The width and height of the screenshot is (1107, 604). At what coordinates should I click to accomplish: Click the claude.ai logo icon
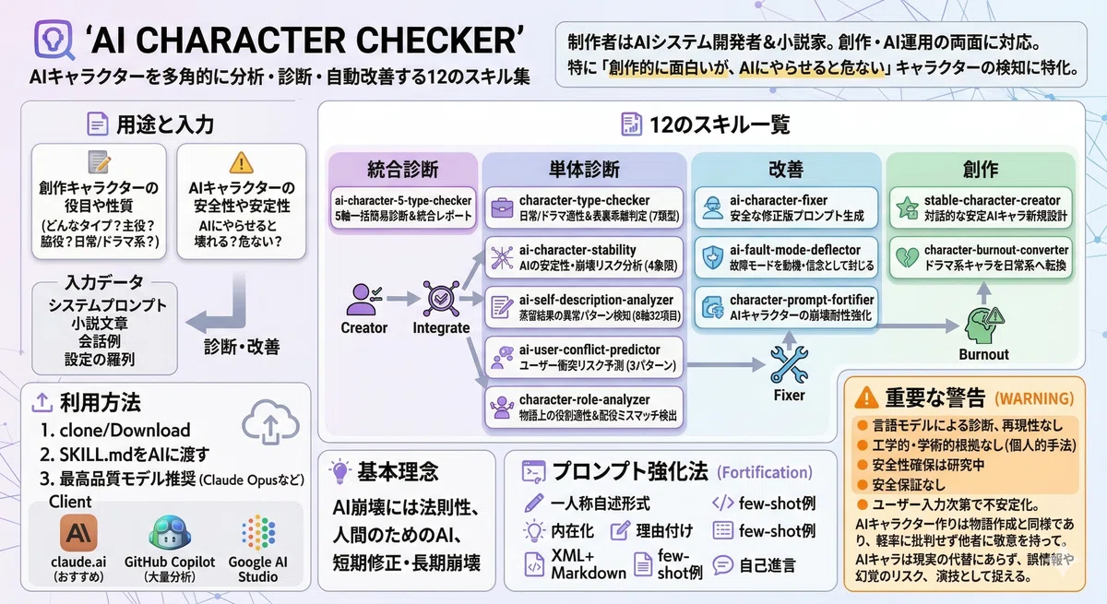pos(78,533)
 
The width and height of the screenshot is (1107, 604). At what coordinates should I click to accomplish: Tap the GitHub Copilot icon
pos(170,533)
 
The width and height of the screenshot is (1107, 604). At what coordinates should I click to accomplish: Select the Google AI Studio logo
pos(258,533)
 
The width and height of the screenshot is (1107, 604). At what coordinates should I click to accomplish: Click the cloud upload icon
pos(270,421)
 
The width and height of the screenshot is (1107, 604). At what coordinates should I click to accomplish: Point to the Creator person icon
pos(363,300)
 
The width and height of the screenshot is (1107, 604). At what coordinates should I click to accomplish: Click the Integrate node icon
pos(441,298)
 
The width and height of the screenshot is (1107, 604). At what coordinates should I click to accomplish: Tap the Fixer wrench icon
pos(790,364)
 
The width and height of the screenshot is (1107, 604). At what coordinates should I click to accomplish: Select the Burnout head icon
pos(983,325)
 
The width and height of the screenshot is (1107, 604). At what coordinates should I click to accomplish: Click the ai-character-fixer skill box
pos(786,207)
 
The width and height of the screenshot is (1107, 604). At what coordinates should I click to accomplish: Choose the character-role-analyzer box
pos(584,408)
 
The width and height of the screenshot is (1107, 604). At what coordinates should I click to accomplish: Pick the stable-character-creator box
pos(981,207)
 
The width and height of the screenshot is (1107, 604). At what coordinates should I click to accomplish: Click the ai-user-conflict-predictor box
pos(584,358)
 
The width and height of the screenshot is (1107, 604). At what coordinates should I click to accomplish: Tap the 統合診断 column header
pos(403,170)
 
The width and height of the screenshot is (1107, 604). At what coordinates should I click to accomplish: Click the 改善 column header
pos(786,170)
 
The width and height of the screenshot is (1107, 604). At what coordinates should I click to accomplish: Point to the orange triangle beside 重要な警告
pos(866,398)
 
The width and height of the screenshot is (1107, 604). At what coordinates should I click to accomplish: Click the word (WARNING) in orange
pos(1034,399)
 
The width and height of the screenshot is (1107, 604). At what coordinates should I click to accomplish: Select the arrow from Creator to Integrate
pos(403,298)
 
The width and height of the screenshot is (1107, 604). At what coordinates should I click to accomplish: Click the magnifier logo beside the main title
pos(54,41)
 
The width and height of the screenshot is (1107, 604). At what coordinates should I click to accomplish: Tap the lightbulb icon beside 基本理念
pos(340,471)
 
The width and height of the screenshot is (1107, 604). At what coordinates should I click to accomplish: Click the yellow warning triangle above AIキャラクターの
pos(241,163)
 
